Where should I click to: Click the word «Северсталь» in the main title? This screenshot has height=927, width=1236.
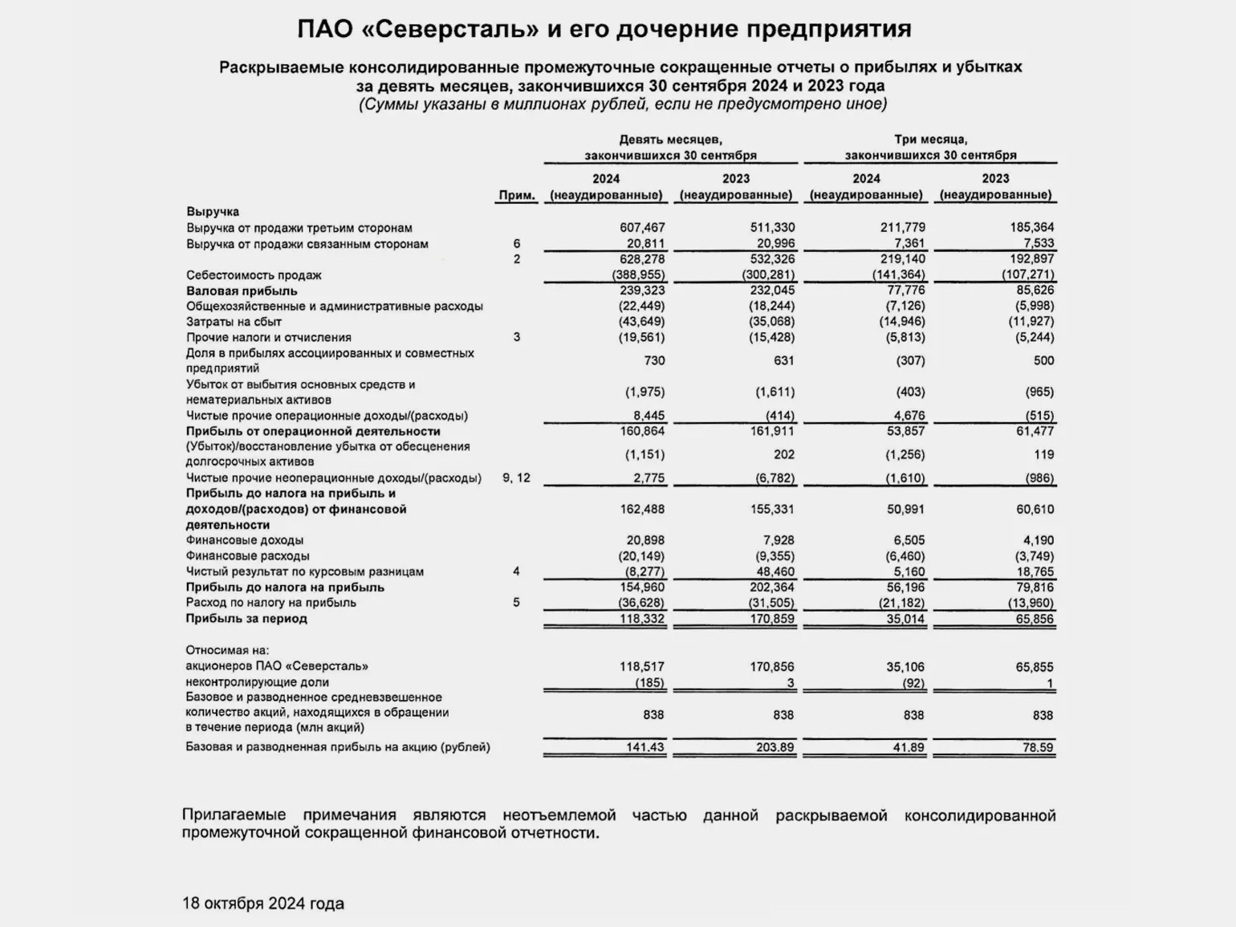tap(455, 30)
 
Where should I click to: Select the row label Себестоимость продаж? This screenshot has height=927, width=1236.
tap(254, 275)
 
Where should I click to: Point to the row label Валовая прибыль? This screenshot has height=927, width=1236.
tap(242, 291)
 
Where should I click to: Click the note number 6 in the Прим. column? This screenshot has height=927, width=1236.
tap(517, 244)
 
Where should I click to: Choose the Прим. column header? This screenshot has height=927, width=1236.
tap(517, 195)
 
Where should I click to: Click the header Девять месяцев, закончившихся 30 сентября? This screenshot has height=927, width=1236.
tap(670, 148)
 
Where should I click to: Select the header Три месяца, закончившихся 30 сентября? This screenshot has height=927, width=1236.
tap(930, 148)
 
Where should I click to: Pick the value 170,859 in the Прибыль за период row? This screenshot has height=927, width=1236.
tap(772, 619)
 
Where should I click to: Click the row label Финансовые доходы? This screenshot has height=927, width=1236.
tap(245, 540)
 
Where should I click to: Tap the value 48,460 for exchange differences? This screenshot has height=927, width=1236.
tap(775, 571)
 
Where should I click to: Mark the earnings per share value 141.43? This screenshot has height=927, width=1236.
tap(645, 747)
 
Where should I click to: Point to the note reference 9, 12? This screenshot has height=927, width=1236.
tap(517, 478)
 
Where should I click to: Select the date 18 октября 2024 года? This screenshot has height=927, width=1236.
tap(263, 904)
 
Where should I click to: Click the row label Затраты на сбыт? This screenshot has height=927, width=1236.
tap(234, 322)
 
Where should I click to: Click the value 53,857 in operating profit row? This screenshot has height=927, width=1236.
tap(905, 431)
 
